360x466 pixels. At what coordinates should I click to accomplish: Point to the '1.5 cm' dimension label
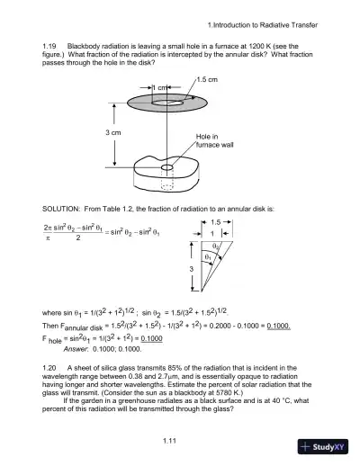[207, 80]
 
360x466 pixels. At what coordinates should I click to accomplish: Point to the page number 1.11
[168, 438]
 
